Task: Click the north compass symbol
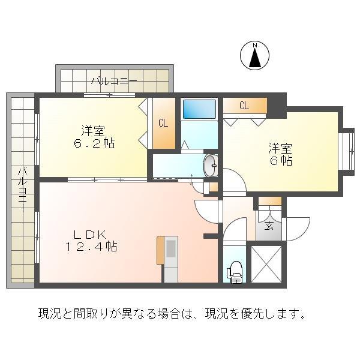[254, 58]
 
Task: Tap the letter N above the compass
[254, 46]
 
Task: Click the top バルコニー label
[114, 80]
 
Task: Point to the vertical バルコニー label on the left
[21, 188]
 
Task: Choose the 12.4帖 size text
[91, 246]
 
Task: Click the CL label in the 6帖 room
[244, 106]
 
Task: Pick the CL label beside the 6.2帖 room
[163, 124]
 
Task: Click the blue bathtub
[199, 109]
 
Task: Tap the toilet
[235, 272]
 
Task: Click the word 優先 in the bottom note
[256, 313]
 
